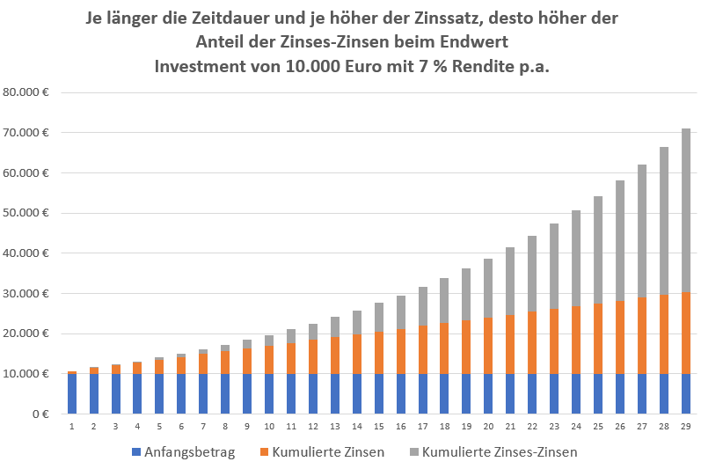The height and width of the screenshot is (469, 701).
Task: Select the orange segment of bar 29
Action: tap(686, 333)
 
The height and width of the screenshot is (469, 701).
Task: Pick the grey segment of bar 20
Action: tap(488, 288)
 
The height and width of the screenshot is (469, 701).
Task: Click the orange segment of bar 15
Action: tap(378, 353)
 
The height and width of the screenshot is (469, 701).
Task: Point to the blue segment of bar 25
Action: tap(598, 393)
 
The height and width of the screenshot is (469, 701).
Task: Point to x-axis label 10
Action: tap(269, 427)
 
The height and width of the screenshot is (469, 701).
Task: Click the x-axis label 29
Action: tap(686, 427)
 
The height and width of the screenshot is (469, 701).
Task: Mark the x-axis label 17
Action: tap(422, 427)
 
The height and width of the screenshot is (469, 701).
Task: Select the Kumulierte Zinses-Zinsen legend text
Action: tap(499, 452)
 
